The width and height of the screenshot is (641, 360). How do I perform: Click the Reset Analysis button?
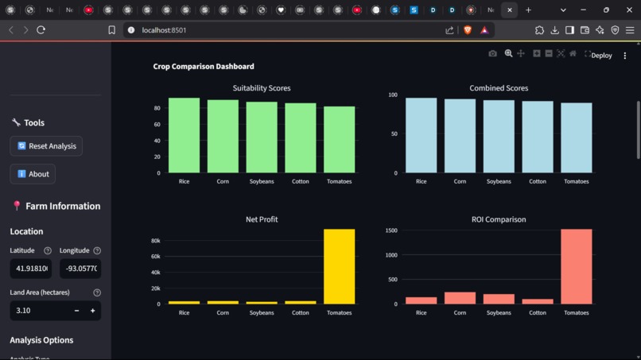coord(46,146)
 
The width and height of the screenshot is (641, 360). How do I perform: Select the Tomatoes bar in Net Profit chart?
coord(340,266)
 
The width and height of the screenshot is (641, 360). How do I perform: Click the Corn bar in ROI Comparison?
coord(460,298)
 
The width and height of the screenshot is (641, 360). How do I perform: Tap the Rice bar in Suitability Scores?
coord(184,135)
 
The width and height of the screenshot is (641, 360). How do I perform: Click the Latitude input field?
coord(30,269)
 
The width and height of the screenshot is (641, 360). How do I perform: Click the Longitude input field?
coord(80,269)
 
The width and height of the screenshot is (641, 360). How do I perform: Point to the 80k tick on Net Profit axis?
coord(155,241)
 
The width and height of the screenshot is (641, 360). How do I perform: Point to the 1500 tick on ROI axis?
coord(390,230)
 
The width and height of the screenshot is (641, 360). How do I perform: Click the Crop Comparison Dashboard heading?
coord(204,67)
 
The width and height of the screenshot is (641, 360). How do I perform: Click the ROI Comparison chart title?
coord(499,219)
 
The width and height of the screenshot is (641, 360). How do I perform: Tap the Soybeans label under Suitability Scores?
coord(262,181)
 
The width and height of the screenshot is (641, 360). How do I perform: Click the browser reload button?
coord(41,30)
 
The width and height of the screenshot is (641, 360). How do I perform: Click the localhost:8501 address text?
coord(164,30)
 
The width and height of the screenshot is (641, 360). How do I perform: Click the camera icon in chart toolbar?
coord(492,53)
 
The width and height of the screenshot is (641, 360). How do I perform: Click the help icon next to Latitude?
coord(48,250)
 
